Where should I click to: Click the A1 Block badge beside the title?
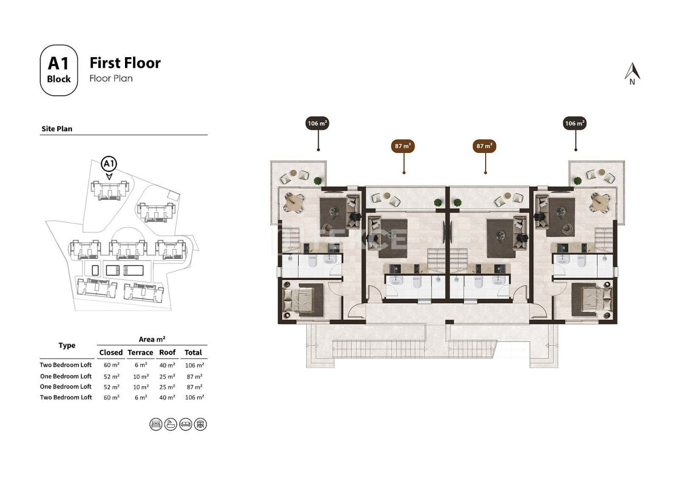(x=59, y=70)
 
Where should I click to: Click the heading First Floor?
(x=125, y=63)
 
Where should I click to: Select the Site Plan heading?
(x=57, y=129)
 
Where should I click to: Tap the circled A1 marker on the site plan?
(x=109, y=163)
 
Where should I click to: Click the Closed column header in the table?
(x=111, y=353)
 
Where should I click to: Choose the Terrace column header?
(x=140, y=353)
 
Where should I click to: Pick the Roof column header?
(x=167, y=353)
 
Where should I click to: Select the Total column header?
(x=193, y=353)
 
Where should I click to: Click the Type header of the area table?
(x=67, y=346)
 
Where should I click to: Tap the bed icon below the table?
(x=156, y=424)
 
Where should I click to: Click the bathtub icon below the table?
(x=171, y=424)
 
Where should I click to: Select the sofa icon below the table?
(x=185, y=424)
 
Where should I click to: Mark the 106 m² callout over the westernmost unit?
(x=318, y=124)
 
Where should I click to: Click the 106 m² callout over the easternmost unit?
(x=575, y=124)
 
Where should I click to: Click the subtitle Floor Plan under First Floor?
(x=111, y=78)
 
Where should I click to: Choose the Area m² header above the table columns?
(x=153, y=339)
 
